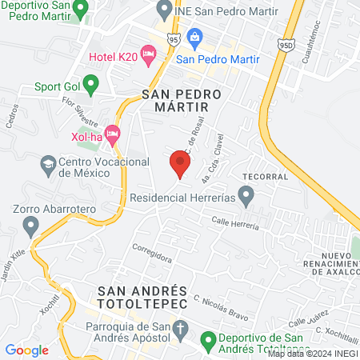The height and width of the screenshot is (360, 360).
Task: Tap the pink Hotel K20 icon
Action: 148,54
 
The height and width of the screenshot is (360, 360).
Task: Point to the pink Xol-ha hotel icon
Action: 113,131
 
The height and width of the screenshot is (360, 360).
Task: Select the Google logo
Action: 27,350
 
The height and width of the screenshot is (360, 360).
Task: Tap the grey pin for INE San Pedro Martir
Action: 165,10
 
